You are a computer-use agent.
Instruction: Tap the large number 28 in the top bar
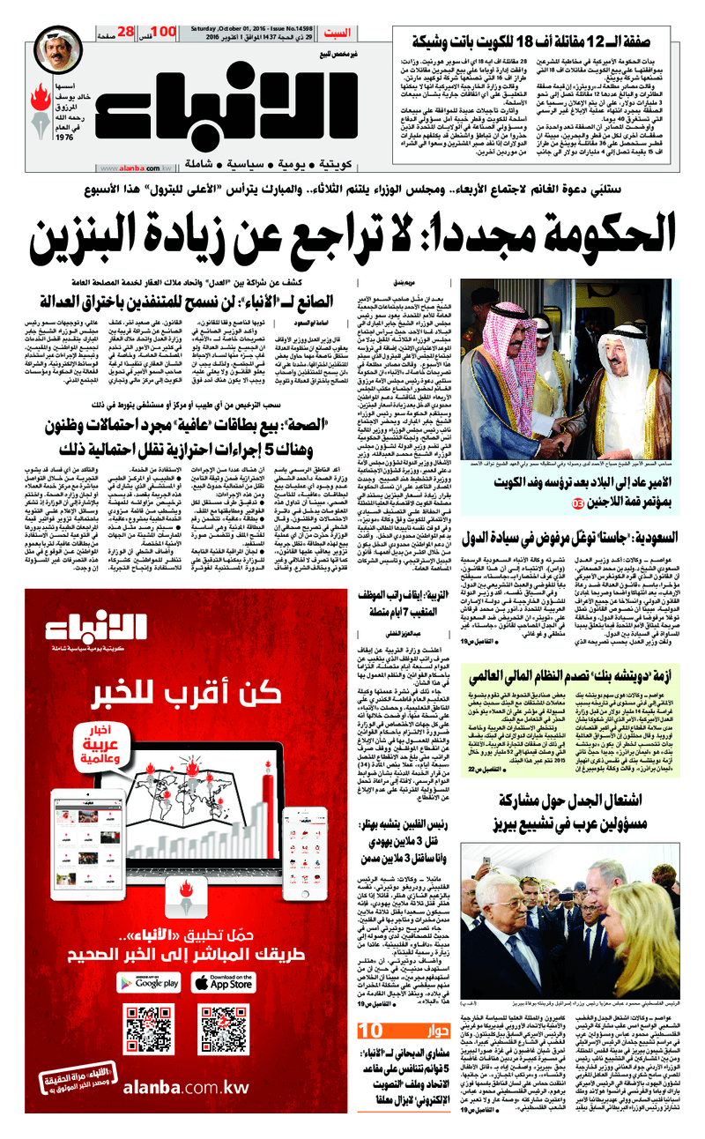pos(125,32)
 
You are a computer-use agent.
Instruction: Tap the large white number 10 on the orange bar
pos(371,1031)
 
